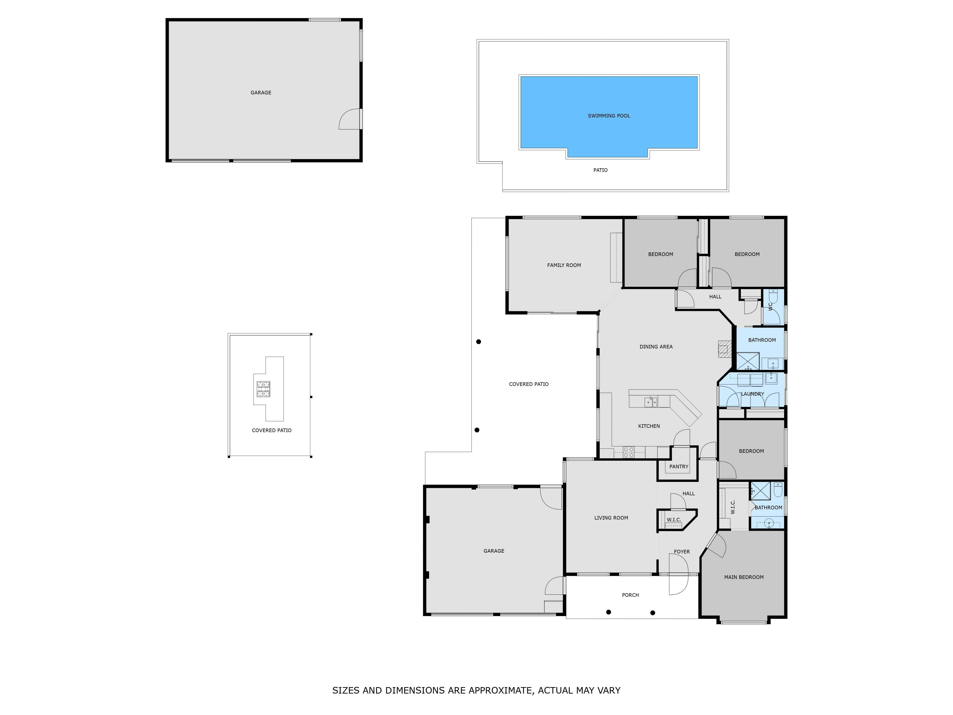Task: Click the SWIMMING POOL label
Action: point(609,116)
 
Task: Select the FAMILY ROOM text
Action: point(564,265)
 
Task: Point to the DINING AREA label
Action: point(656,347)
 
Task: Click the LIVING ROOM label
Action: point(611,518)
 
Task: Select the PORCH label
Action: point(630,595)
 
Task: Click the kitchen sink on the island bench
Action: point(651,402)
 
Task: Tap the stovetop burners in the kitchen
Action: point(629,452)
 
